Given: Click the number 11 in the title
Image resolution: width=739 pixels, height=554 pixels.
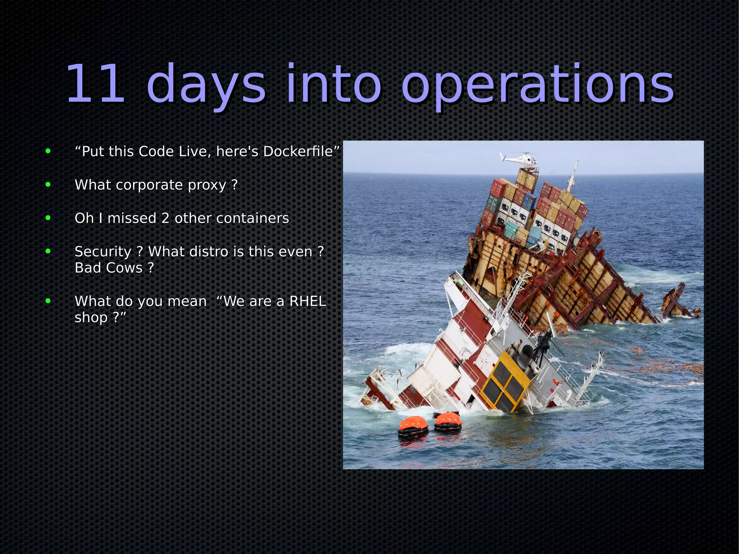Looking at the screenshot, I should (95, 84).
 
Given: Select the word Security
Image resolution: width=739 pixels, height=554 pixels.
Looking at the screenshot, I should (103, 252).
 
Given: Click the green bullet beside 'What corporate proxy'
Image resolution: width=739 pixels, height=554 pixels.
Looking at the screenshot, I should (48, 184).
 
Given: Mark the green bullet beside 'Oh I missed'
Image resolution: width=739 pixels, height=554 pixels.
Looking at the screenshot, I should (48, 218).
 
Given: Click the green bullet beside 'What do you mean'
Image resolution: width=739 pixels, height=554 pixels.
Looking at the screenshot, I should (48, 301).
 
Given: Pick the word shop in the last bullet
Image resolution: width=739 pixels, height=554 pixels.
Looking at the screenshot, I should (91, 318).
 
